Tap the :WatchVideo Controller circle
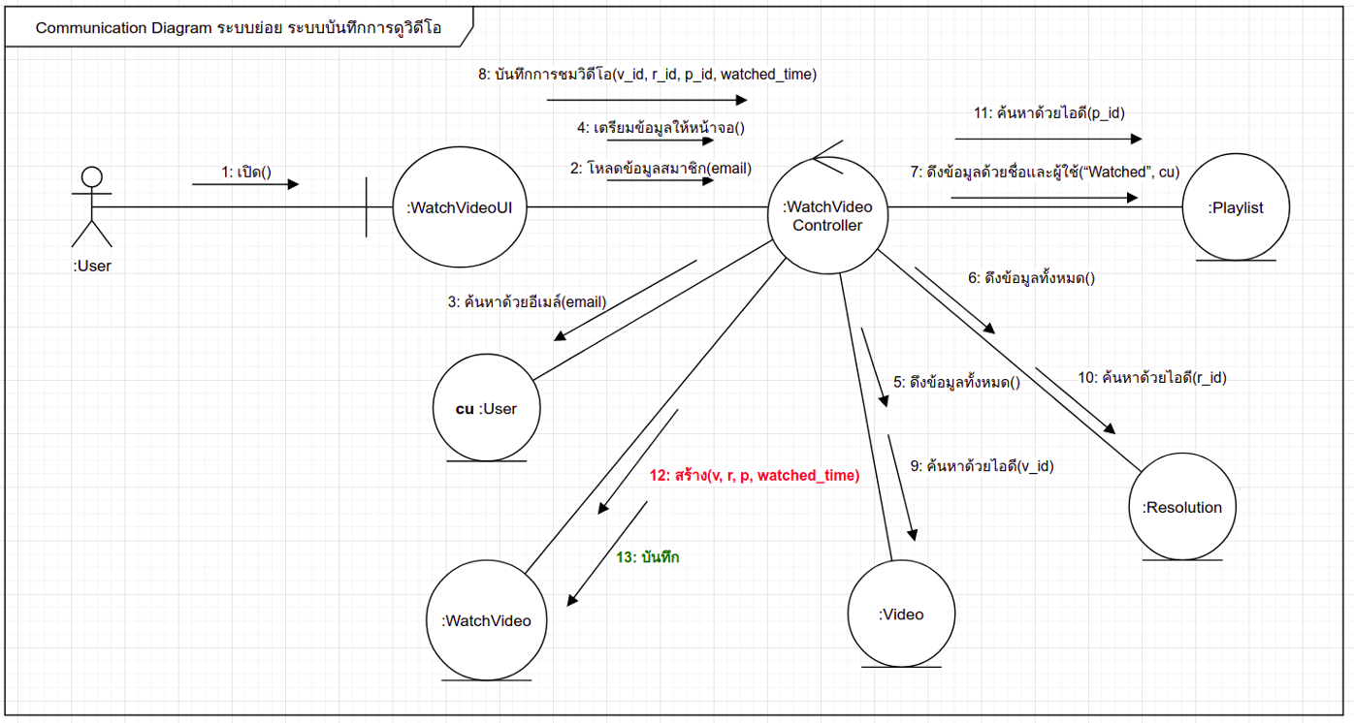click(827, 216)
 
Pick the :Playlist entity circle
click(1236, 207)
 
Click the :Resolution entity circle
click(1181, 507)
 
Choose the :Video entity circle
click(901, 614)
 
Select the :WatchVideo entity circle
click(487, 620)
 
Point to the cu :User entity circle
click(487, 408)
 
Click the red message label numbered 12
click(755, 475)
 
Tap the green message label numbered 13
click(648, 557)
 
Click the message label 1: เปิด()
click(244, 173)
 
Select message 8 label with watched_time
click(647, 74)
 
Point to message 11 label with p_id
click(1048, 112)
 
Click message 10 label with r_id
click(1152, 378)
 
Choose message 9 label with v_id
click(982, 465)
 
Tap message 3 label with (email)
click(527, 301)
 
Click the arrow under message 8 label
click(647, 99)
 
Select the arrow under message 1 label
click(245, 184)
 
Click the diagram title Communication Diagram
click(239, 28)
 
